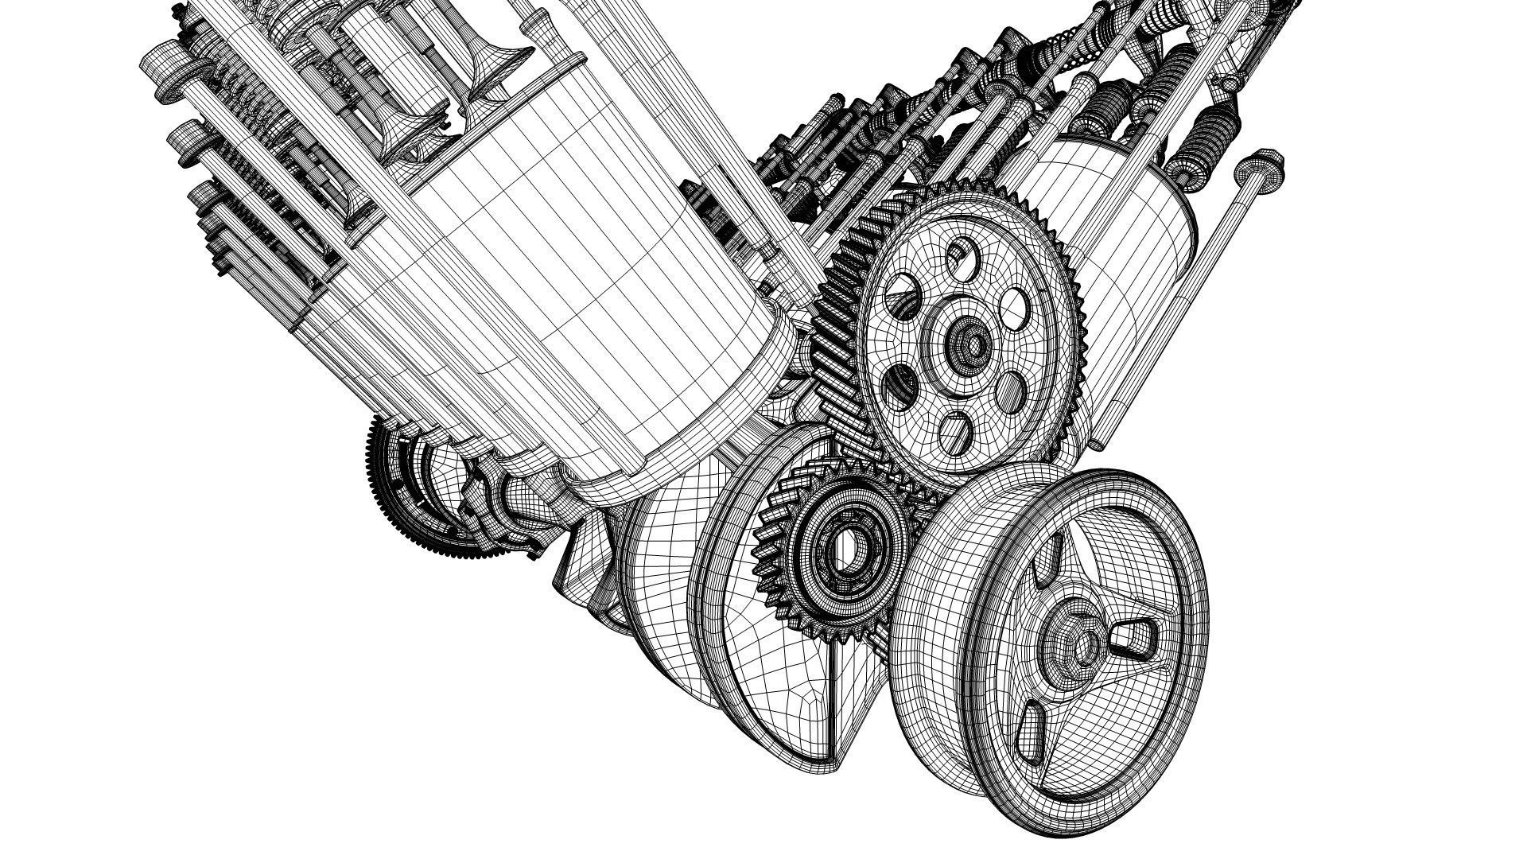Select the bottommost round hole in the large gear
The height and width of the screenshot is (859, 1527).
coord(957,430)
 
